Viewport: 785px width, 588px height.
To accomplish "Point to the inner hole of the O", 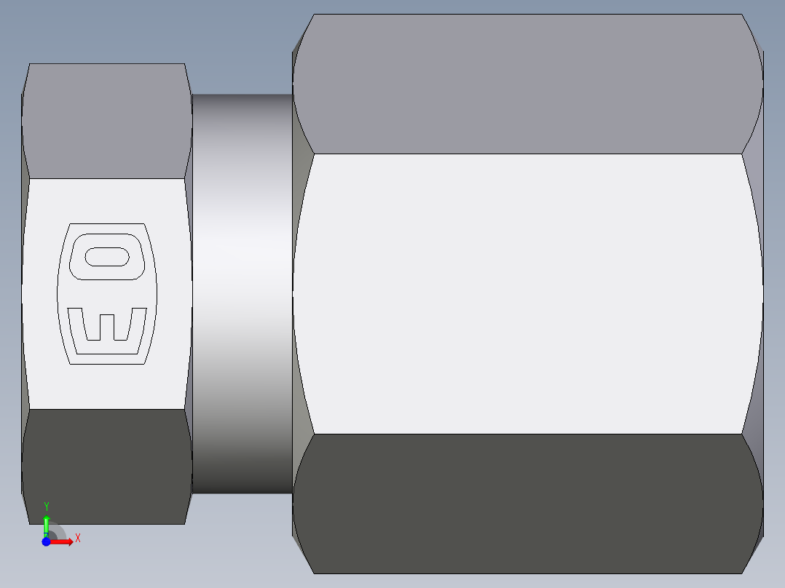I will [x=108, y=257].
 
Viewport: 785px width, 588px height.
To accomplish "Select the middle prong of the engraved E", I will [x=106, y=327].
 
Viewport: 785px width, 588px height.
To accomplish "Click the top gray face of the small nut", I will [x=106, y=120].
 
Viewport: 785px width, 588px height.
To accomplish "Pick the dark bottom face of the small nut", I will [x=106, y=466].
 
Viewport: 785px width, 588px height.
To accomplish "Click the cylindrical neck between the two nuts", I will [x=242, y=291].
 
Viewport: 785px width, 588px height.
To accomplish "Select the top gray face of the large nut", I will [x=528, y=84].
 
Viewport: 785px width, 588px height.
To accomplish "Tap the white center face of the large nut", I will [x=528, y=291].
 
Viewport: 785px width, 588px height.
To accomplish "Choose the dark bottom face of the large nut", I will [x=528, y=502].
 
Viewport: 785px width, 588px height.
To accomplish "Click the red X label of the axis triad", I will [x=77, y=539].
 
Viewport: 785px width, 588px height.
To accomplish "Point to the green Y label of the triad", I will [x=47, y=506].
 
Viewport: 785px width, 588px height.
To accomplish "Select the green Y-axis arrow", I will [x=47, y=524].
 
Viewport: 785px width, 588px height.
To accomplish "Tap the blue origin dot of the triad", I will [x=46, y=542].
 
